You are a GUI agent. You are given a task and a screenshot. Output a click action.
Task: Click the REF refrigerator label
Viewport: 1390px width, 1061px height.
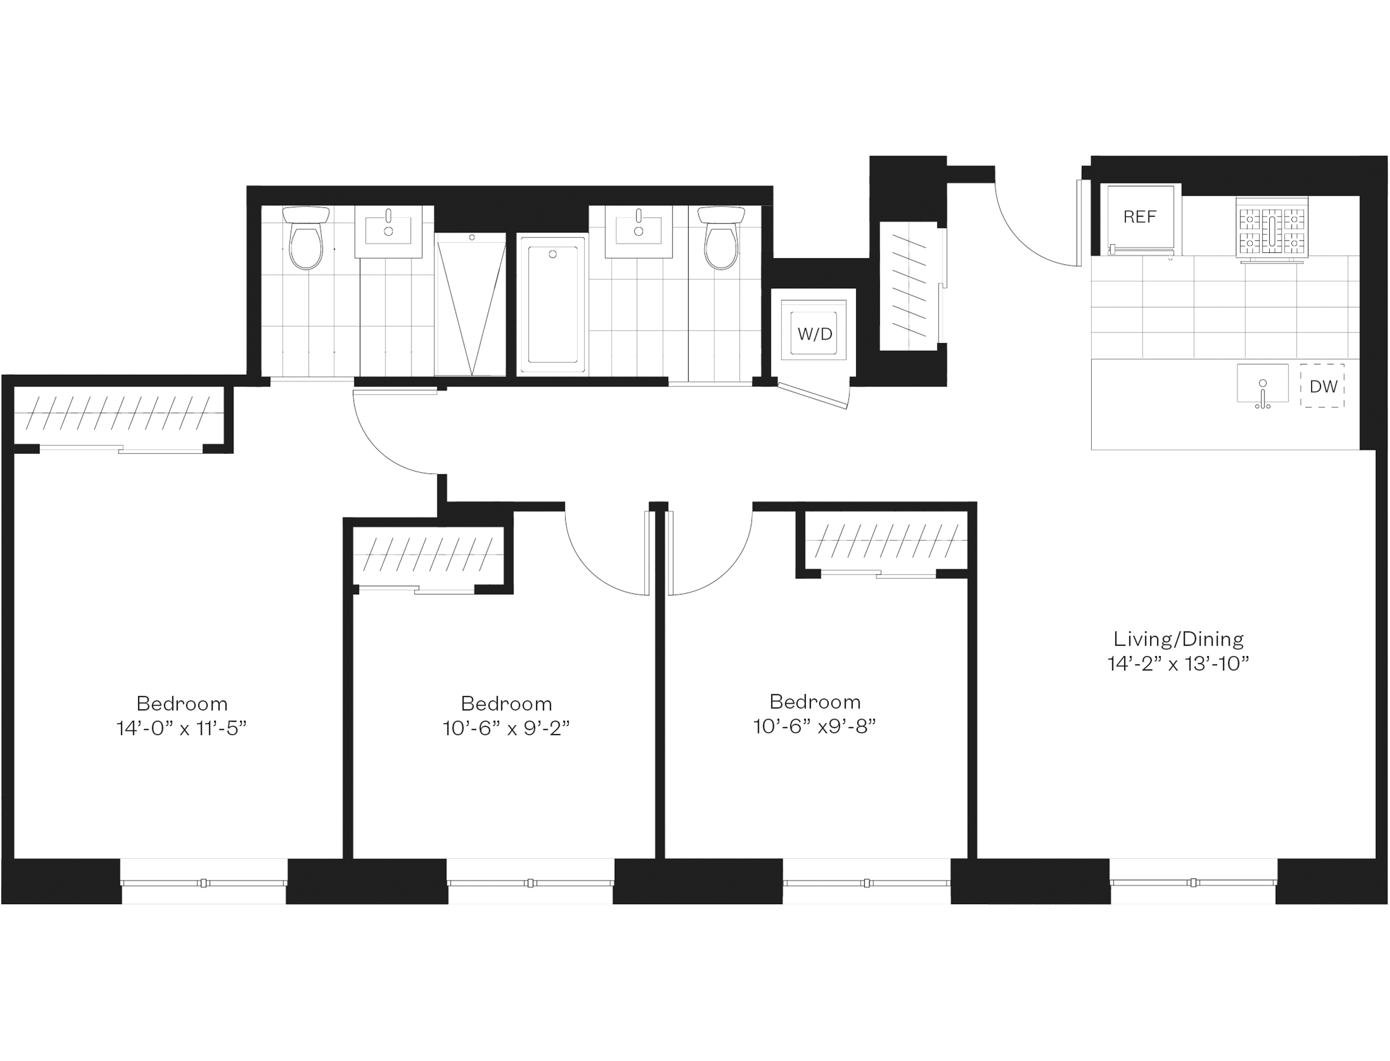[x=1139, y=218]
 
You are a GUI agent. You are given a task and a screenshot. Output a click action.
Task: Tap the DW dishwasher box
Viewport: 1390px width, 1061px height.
[x=1323, y=386]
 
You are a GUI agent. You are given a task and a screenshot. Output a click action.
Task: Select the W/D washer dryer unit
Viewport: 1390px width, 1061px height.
[x=814, y=334]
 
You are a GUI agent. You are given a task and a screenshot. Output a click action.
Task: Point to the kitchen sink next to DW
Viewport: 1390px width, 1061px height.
[x=1262, y=383]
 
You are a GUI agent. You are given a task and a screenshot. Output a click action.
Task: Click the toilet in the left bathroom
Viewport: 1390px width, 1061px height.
[x=306, y=238]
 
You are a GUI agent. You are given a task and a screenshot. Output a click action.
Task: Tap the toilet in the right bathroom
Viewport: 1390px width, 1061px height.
[x=720, y=238]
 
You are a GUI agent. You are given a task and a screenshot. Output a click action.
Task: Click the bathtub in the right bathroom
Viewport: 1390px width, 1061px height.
[x=552, y=305]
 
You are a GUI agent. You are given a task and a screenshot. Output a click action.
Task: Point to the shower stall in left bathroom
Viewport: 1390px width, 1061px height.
[x=471, y=305]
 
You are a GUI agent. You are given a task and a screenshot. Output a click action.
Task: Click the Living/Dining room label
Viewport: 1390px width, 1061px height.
[x=1178, y=639]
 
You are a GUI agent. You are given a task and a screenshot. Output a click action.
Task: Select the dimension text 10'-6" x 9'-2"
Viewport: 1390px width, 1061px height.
[x=506, y=729]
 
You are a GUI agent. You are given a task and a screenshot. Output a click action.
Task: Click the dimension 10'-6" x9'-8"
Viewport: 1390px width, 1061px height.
[x=815, y=727]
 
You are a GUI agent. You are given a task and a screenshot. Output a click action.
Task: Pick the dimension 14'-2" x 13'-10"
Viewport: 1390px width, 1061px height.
[x=1178, y=664]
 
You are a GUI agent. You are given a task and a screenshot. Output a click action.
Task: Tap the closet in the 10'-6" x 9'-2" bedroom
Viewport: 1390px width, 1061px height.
[x=427, y=555]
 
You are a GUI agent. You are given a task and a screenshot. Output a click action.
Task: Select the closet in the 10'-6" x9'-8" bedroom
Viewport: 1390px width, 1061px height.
[x=885, y=541]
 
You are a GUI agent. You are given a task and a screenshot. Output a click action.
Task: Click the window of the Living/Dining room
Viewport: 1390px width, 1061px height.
[x=1193, y=883]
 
